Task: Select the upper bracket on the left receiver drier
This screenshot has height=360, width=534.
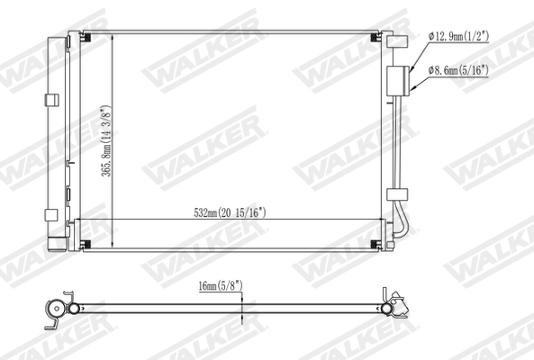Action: pos(50,97)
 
